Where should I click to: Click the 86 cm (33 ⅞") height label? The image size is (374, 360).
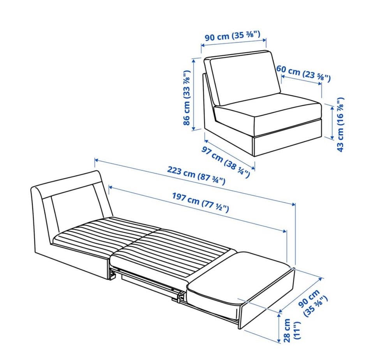pos(187,97)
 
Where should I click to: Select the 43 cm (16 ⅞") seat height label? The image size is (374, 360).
pos(340,125)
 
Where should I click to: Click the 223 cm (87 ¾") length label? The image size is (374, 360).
pos(196,176)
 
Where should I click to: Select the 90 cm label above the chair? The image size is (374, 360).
pos(232,36)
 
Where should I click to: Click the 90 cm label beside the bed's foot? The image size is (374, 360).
pos(313,302)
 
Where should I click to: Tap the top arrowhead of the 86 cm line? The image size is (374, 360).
pos(194,60)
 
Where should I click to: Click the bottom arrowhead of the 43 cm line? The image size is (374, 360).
pos(332,137)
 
